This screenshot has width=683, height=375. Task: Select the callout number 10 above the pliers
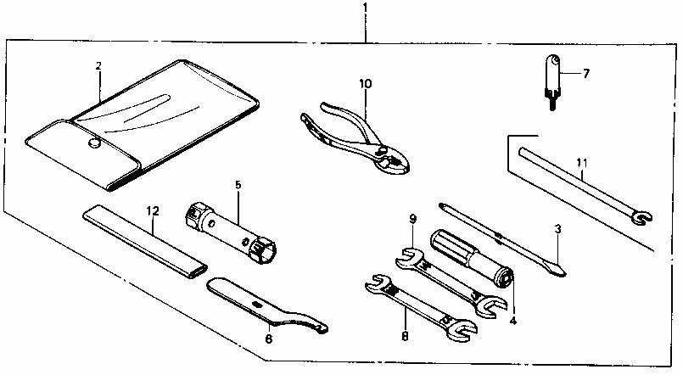point(365,83)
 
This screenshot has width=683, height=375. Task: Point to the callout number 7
point(585,73)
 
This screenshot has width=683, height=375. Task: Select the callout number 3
point(557,228)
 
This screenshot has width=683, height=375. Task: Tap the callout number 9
point(413,219)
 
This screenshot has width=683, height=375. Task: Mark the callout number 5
point(238,183)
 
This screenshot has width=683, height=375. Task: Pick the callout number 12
point(152,211)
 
